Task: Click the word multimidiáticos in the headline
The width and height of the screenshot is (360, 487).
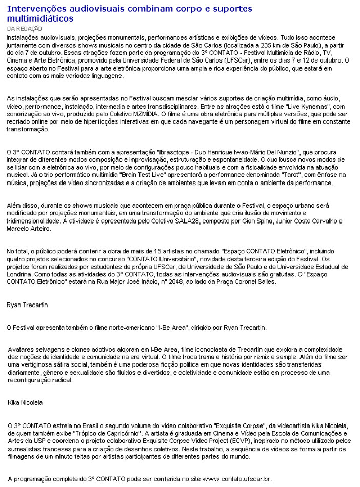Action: tap(39, 18)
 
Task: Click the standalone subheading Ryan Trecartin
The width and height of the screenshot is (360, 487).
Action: tap(27, 305)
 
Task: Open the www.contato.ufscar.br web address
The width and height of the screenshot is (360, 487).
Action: tap(237, 479)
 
